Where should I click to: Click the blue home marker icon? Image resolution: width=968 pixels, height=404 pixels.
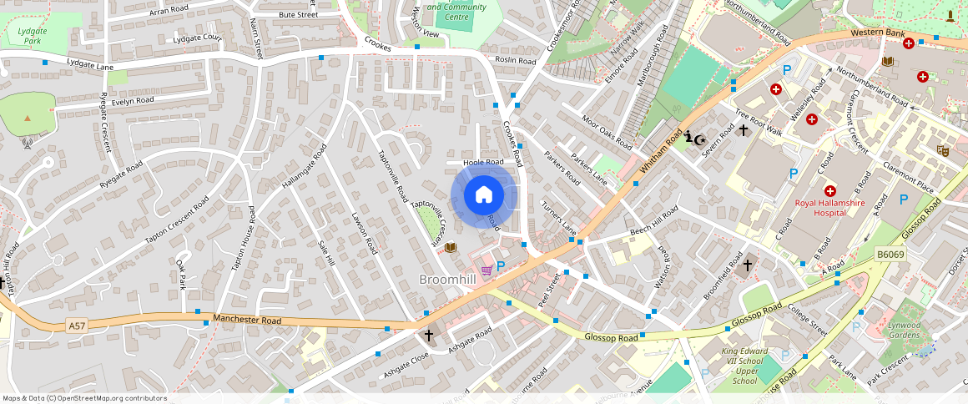tap(484, 195)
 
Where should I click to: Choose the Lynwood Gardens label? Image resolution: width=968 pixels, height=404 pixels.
tap(903, 330)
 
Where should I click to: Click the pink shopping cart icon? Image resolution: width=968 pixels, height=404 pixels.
tap(487, 270)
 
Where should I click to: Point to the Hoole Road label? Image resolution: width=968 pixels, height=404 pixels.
tap(484, 162)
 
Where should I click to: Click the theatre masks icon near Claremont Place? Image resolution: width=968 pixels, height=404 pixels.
tap(944, 150)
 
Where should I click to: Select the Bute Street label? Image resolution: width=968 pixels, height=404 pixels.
tap(298, 15)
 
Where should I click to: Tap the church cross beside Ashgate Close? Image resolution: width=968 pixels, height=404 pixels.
tap(429, 336)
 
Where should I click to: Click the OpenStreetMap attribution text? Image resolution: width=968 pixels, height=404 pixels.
tap(84, 398)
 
